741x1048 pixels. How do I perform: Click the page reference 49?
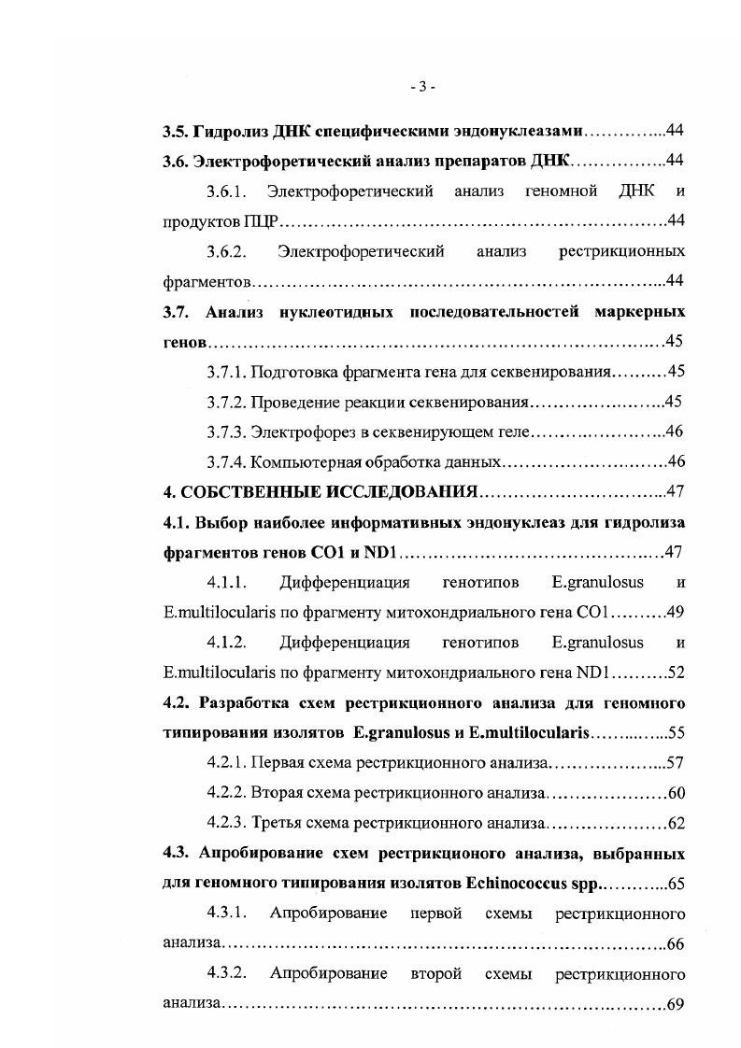point(677,613)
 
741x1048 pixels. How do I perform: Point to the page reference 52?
point(677,673)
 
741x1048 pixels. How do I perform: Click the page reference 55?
point(677,733)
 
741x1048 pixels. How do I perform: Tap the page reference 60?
point(677,794)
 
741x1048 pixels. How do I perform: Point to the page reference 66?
point(677,944)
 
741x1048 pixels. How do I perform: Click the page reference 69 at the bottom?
point(677,1005)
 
